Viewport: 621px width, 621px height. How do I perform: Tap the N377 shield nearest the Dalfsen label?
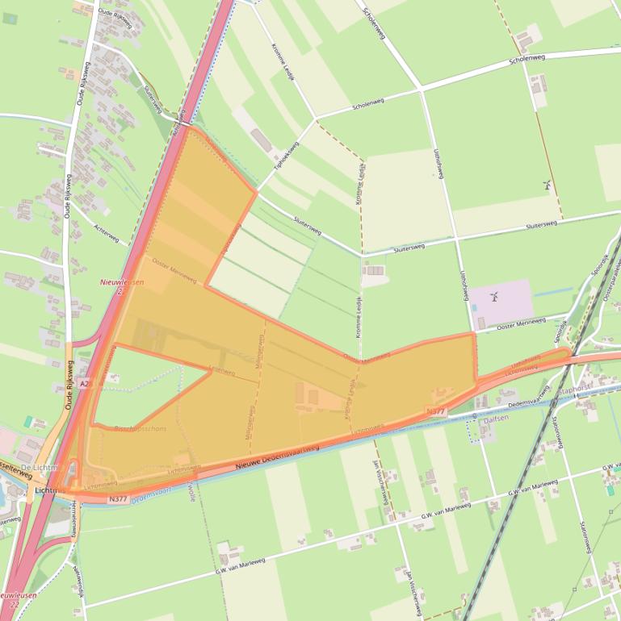coord(435,411)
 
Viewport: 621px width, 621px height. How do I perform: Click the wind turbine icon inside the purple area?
coord(494,297)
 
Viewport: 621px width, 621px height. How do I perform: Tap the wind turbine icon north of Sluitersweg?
coord(547,185)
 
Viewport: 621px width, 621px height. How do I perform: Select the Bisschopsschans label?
coord(140,428)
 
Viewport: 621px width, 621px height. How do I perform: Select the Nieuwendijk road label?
coord(78,581)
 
